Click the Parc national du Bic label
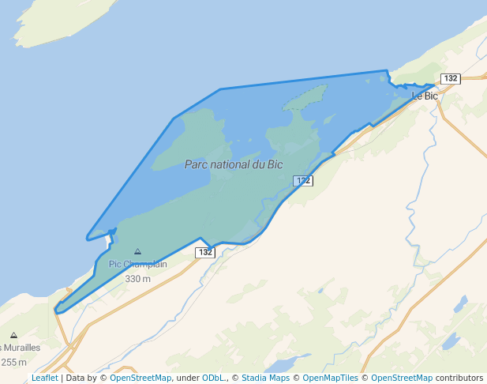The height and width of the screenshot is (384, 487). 234,164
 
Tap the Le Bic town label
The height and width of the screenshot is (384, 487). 425,96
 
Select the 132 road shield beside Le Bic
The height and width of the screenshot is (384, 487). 450,78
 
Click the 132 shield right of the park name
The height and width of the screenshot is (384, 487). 304,181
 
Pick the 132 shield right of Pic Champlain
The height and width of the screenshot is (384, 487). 205,252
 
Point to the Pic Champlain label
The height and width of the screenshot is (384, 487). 138,264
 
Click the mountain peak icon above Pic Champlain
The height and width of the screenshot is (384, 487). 138,251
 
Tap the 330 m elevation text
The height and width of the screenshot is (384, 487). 138,278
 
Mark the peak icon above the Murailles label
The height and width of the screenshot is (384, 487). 13,336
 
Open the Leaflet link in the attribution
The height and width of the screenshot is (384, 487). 45,378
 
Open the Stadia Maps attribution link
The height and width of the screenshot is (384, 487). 265,378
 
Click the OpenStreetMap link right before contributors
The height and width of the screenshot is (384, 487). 402,378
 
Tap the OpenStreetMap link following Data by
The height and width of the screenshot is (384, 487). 140,378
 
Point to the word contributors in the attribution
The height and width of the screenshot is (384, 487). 459,378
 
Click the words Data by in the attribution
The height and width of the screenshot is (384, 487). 81,378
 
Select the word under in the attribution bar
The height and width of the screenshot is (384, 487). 187,378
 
